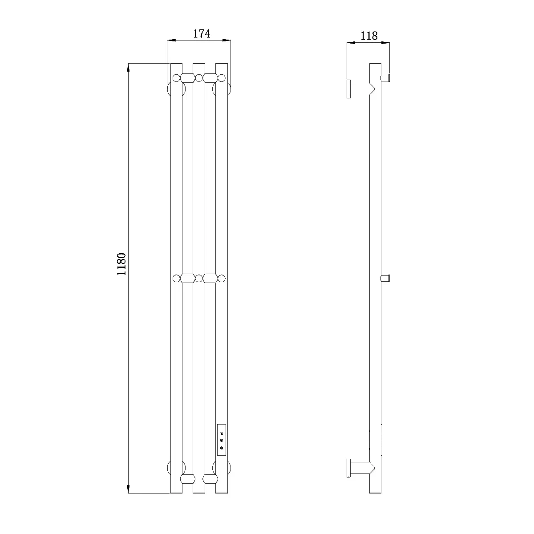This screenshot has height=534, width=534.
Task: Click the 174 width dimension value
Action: [x=202, y=34]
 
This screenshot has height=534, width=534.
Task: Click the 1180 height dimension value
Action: [x=121, y=264]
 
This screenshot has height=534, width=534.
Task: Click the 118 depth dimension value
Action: [x=369, y=36]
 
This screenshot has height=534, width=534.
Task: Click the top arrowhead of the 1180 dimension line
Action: [x=128, y=68]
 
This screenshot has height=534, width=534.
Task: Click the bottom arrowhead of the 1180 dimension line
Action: [x=128, y=489]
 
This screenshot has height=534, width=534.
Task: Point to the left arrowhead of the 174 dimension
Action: [x=171, y=40]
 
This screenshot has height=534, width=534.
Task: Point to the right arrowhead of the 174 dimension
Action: [x=227, y=40]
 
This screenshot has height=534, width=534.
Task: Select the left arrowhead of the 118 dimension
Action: [x=351, y=43]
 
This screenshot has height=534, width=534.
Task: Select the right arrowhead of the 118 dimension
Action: [x=385, y=43]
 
